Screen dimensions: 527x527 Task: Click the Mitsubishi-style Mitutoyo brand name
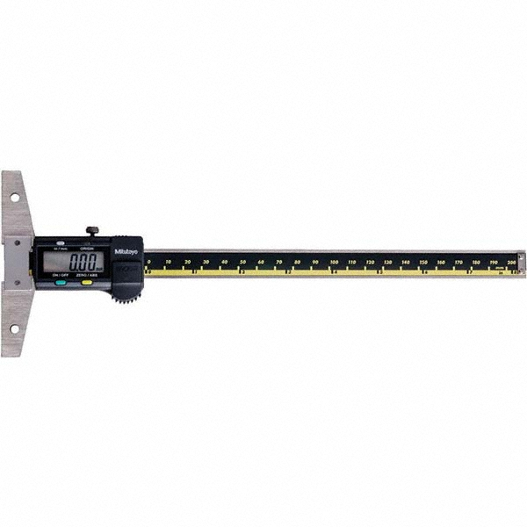[127, 251]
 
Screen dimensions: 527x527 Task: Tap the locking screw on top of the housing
[91, 231]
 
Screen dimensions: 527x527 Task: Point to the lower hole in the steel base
[15, 328]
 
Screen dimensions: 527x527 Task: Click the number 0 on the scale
[149, 262]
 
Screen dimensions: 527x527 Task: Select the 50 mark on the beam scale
[242, 262]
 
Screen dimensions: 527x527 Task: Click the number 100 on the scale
[334, 262]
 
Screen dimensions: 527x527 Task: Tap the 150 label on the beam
[423, 262]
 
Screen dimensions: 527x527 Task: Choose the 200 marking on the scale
[513, 262]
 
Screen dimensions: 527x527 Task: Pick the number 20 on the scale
[187, 262]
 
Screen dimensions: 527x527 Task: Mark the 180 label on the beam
[476, 262]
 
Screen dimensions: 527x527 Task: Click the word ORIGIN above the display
[85, 248]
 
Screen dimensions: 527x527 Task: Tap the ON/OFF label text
[61, 277]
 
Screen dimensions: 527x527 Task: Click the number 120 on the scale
[370, 262]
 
